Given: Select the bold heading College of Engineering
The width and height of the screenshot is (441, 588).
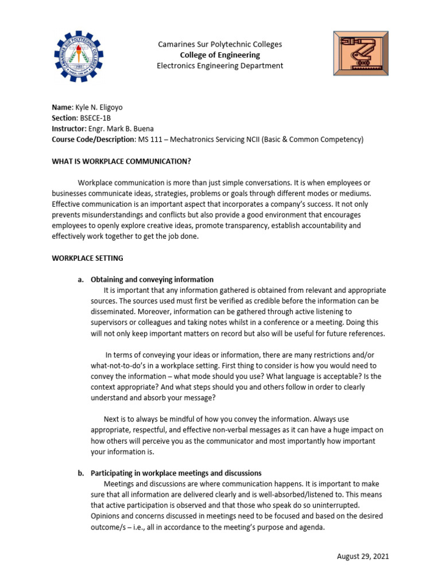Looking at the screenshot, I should pyautogui.click(x=220, y=55).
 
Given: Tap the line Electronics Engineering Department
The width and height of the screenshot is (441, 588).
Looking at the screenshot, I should pyautogui.click(x=220, y=65).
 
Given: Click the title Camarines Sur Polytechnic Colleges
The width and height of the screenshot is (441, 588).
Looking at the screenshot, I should pyautogui.click(x=220, y=44).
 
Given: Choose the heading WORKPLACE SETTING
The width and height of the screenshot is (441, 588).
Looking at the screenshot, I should pyautogui.click(x=87, y=258).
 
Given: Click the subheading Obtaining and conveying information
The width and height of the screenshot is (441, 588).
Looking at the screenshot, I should pyautogui.click(x=152, y=280).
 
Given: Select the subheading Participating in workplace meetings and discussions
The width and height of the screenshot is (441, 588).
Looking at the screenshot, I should pyautogui.click(x=176, y=473).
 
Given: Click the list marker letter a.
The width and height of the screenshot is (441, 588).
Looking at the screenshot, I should pyautogui.click(x=80, y=280).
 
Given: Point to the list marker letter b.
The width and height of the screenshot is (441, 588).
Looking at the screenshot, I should pyautogui.click(x=80, y=473).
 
